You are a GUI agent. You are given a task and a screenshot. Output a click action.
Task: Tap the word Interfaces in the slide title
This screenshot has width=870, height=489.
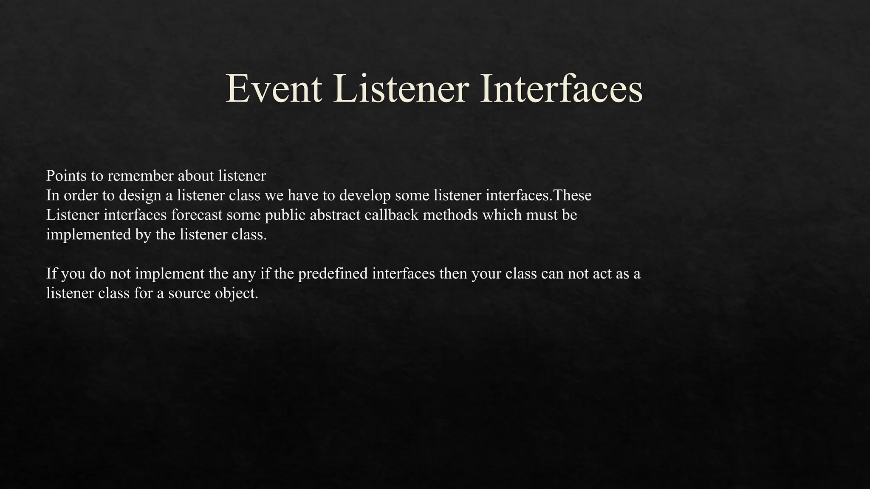click(x=561, y=89)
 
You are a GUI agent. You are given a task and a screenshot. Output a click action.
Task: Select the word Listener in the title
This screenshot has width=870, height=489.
click(x=401, y=89)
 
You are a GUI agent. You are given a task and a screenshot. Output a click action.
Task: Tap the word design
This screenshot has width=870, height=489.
click(x=140, y=196)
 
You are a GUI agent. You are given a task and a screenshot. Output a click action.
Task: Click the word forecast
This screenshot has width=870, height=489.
click(x=197, y=215)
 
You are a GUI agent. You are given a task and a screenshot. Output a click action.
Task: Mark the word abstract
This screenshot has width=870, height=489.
click(x=335, y=215)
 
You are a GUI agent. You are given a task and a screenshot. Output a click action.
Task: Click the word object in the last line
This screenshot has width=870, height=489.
click(x=237, y=293)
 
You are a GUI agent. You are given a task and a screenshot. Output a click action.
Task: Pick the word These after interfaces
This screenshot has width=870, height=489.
click(x=572, y=196)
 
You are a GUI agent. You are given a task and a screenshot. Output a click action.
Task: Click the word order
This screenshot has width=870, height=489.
click(x=81, y=196)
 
